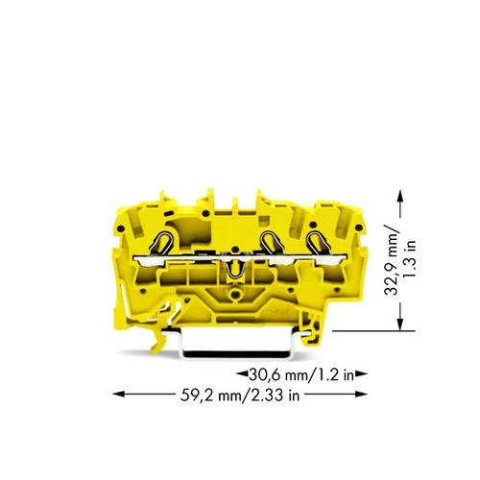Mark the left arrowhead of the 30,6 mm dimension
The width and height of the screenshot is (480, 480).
click(x=240, y=374)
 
